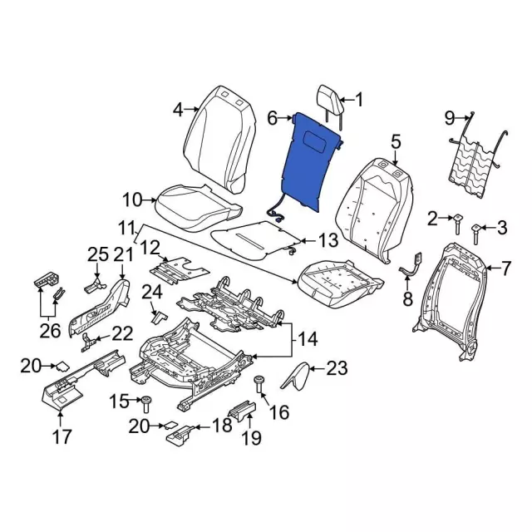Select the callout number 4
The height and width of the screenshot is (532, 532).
[177, 109]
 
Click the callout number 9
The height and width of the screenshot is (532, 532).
[450, 116]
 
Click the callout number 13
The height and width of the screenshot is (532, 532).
[328, 241]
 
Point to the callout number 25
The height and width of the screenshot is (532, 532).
[98, 253]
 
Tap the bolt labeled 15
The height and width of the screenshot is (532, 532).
[145, 404]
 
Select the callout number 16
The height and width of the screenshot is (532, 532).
[279, 411]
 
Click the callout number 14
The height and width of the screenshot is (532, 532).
[308, 339]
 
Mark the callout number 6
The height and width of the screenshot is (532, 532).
[272, 120]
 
